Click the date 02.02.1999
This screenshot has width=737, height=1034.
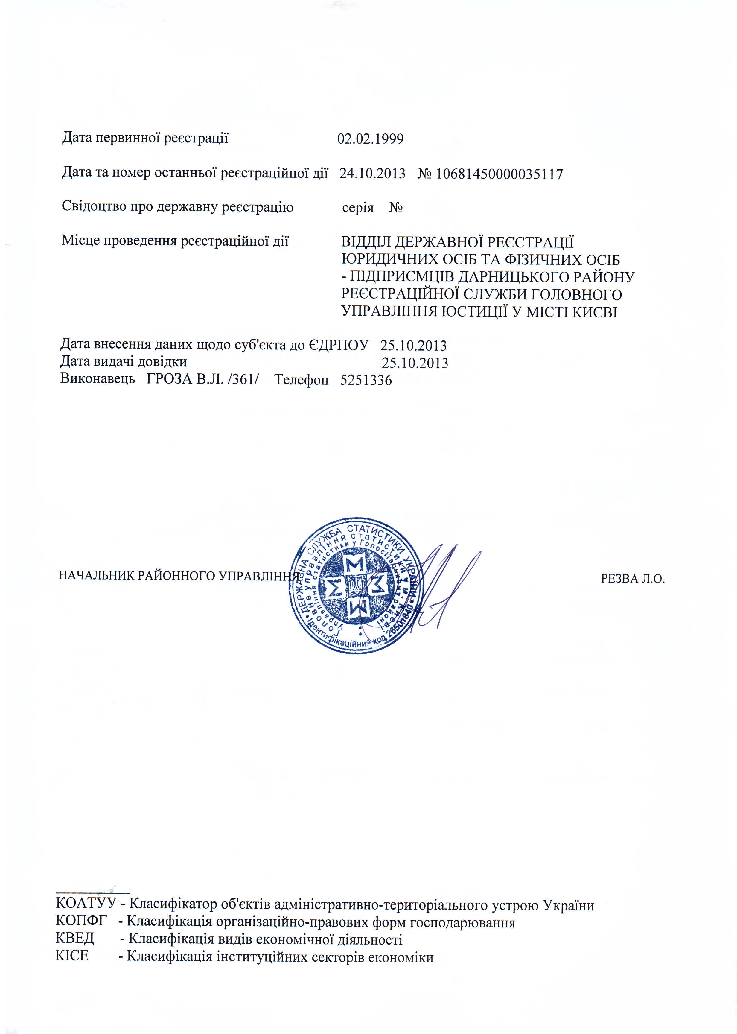370,139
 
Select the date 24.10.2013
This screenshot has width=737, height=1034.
372,174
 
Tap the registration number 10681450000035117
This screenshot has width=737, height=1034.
499,174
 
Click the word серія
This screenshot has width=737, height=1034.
358,208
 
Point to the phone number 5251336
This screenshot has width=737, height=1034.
366,380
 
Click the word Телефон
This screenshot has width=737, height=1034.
301,380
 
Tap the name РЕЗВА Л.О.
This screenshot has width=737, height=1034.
633,579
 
